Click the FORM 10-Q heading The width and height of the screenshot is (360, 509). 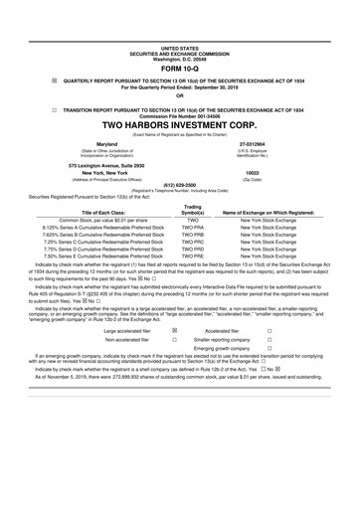click(179, 68)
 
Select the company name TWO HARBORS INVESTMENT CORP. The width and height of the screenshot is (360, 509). click(179, 123)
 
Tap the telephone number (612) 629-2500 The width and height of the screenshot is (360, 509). click(179, 185)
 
